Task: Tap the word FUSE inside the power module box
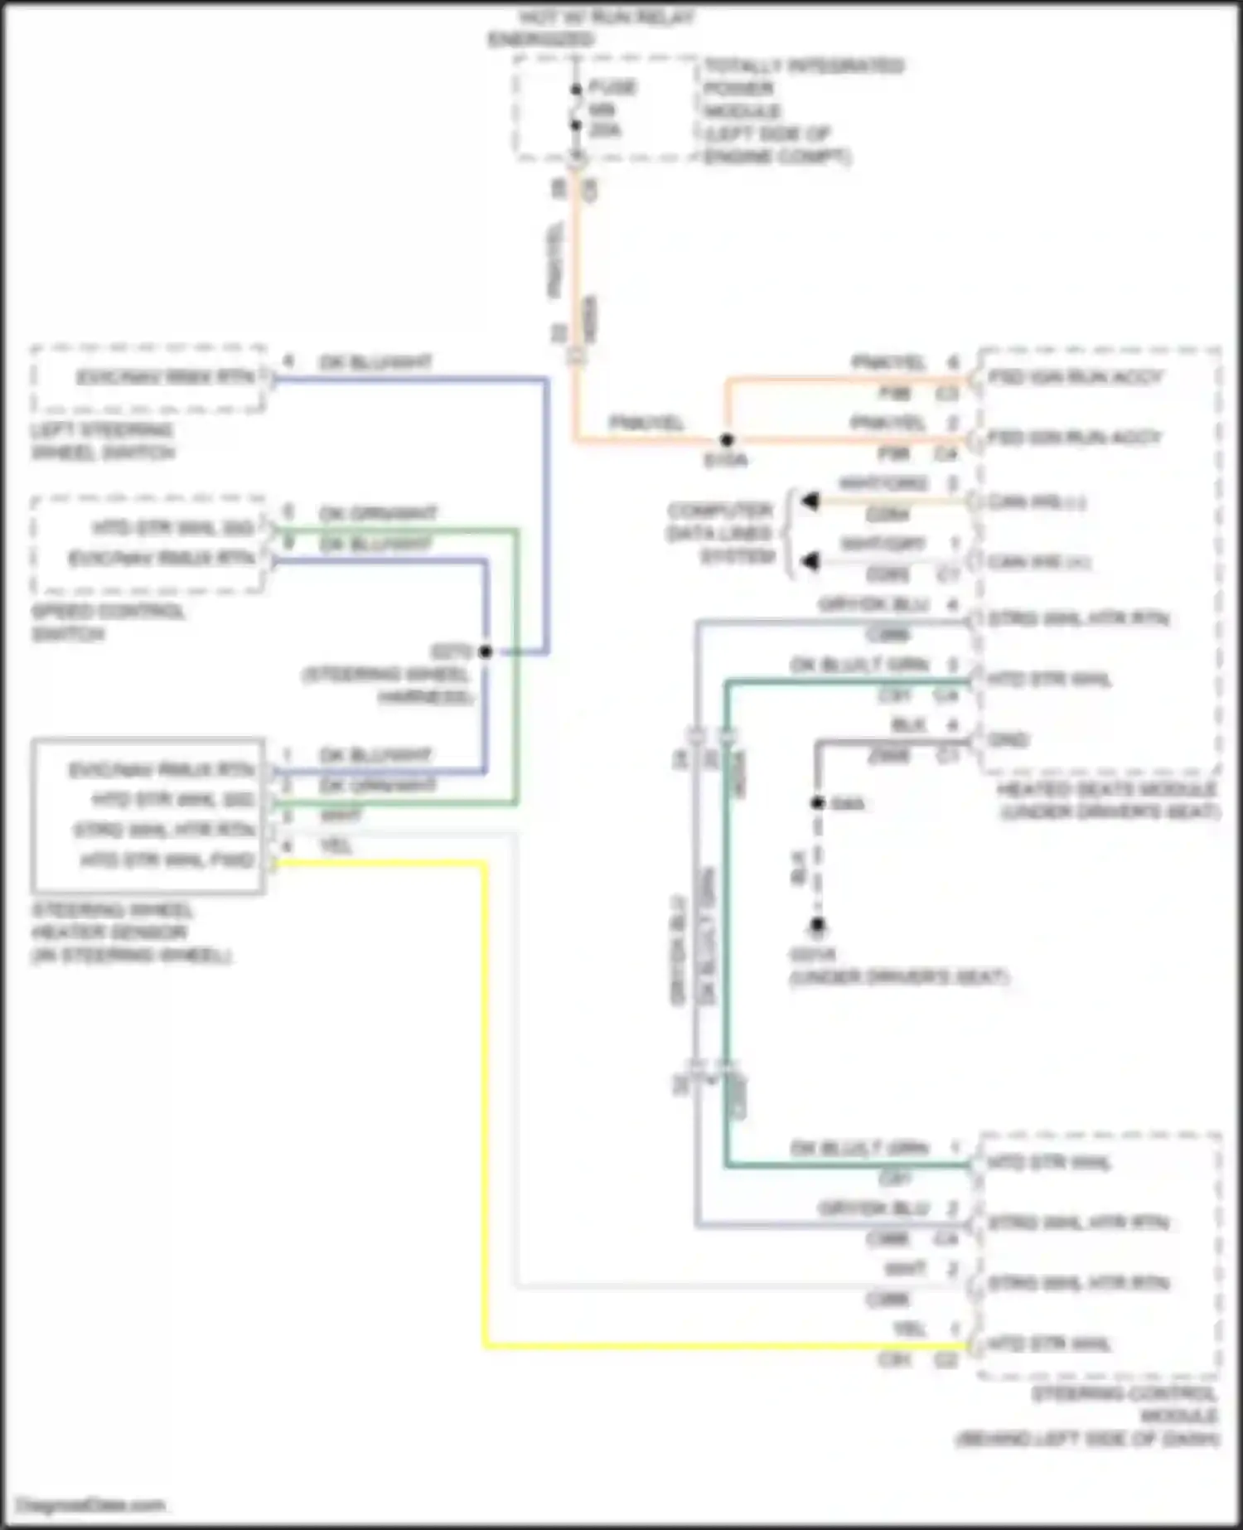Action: (612, 87)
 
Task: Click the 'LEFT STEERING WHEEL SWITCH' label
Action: (103, 441)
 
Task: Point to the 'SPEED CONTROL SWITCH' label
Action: (108, 622)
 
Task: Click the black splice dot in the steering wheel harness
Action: (486, 651)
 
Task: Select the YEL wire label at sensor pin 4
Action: (336, 846)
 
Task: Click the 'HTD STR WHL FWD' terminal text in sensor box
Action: (167, 860)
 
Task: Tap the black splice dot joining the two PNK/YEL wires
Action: (727, 440)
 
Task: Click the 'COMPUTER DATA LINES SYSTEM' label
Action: (719, 533)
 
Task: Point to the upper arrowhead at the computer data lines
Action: (810, 501)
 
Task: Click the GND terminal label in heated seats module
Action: (1008, 739)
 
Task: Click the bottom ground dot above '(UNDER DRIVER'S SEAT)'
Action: (817, 924)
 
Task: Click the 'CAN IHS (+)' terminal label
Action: (1037, 502)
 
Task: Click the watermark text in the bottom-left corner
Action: (91, 1504)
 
